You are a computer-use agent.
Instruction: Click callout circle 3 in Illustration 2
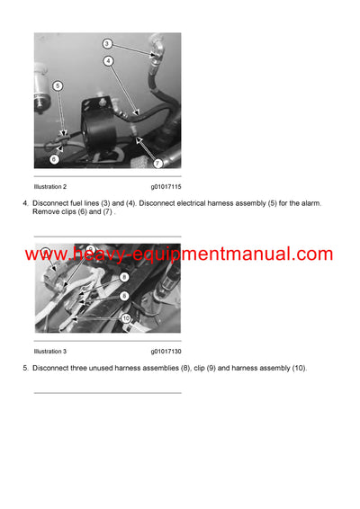click(x=106, y=43)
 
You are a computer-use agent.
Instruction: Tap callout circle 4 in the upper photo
click(x=108, y=61)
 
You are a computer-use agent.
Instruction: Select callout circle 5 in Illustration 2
click(x=58, y=86)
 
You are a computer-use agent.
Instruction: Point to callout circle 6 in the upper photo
click(x=54, y=159)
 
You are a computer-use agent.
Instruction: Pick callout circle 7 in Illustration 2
click(x=157, y=163)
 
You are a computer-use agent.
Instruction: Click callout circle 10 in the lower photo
click(x=127, y=317)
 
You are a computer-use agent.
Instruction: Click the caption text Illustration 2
click(x=50, y=186)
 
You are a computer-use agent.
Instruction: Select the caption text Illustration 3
click(x=50, y=352)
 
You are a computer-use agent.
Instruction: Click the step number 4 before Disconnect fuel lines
click(x=24, y=203)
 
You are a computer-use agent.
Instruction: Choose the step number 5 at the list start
click(x=24, y=369)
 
